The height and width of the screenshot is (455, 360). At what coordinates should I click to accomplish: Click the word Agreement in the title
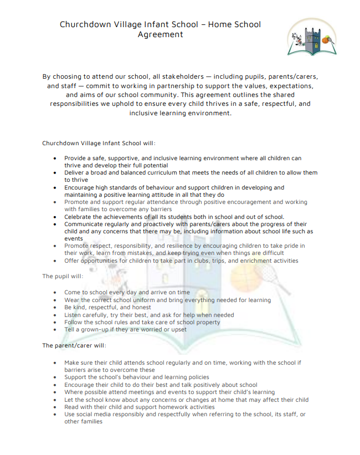[160, 34]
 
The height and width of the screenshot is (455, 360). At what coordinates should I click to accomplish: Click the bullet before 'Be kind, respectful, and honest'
[54, 308]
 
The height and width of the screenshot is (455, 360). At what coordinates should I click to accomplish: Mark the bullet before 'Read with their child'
[54, 407]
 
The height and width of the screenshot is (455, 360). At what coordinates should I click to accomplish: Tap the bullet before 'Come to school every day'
[54, 293]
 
